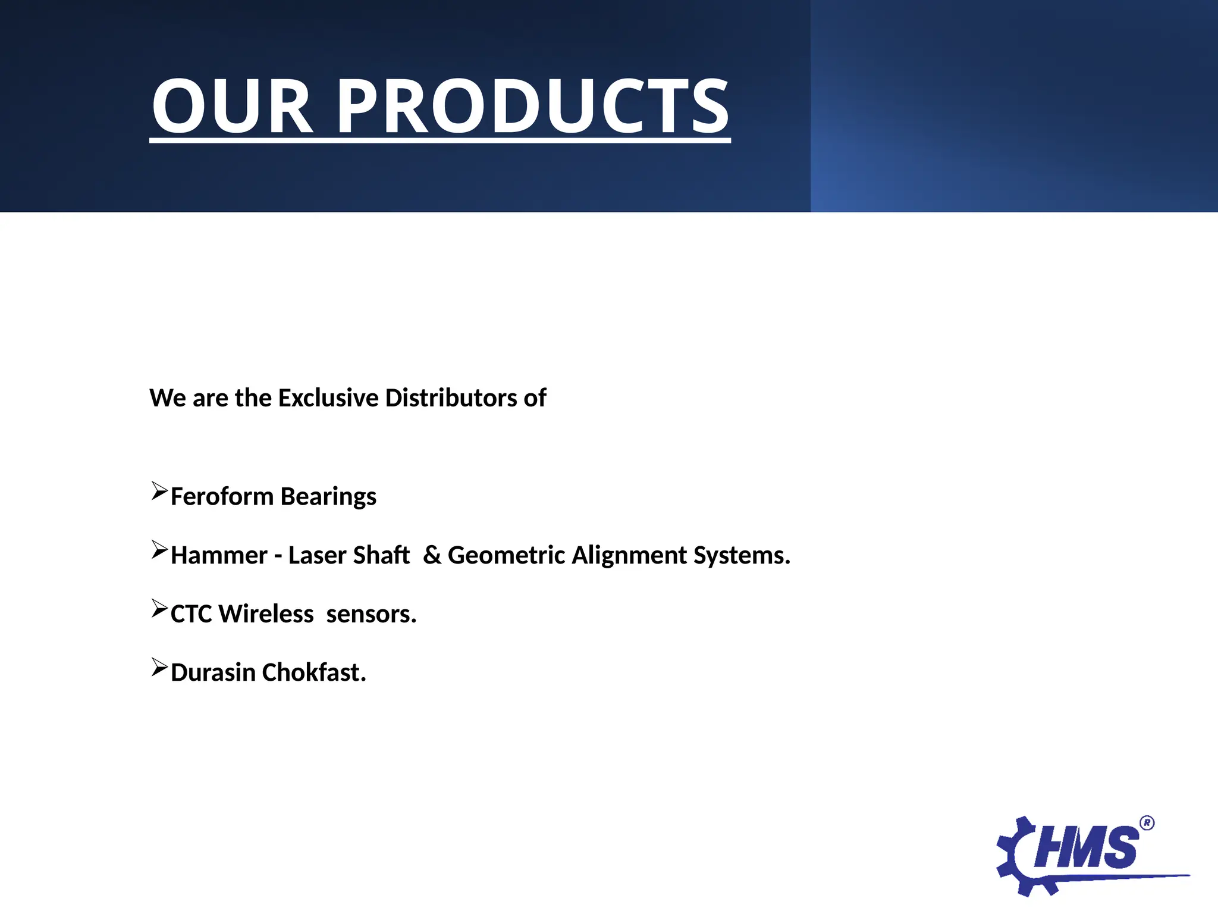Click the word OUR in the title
pos(231,107)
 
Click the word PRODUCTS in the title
pos(533,107)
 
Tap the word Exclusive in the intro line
pos(328,398)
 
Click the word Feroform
pos(222,496)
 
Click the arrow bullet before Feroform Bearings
pos(159,492)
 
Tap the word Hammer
pos(219,555)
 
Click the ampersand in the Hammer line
pos(432,555)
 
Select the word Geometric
pos(506,555)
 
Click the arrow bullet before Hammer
pos(159,550)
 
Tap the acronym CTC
pos(192,614)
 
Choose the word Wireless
pos(266,614)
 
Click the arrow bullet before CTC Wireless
pos(159,609)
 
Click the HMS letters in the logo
pos(1086,848)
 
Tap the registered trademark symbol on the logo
pos(1147,823)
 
